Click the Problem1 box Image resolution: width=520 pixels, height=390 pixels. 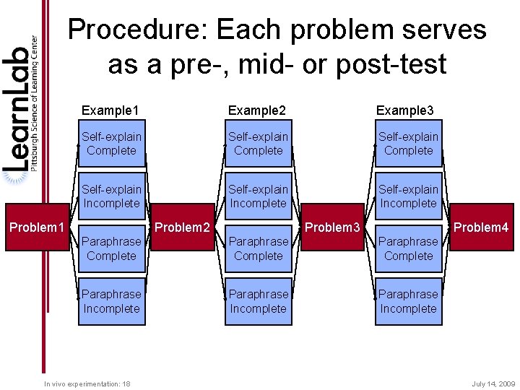click(36, 228)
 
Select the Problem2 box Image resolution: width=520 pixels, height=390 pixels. click(182, 228)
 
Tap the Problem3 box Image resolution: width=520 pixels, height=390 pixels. click(332, 228)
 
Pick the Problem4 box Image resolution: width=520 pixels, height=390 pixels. click(480, 228)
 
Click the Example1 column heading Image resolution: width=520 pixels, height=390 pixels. click(110, 110)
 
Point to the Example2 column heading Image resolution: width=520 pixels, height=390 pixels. click(257, 110)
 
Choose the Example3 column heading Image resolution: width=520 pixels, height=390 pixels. click(405, 110)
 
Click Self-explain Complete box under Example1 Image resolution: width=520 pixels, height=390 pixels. click(111, 144)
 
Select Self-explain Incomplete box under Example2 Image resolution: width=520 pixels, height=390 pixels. click(258, 196)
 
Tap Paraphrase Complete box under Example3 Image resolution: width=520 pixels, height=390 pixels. click(408, 248)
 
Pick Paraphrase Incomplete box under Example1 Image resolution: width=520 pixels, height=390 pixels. click(111, 301)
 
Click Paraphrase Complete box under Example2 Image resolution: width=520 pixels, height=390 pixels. click(258, 248)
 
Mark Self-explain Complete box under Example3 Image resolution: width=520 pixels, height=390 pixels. click(408, 144)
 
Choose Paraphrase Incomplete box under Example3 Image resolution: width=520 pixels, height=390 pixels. click(408, 301)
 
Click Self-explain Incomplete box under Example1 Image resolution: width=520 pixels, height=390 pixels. click(111, 196)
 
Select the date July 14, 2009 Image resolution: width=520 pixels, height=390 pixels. click(493, 383)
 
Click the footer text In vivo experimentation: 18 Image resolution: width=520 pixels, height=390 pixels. click(87, 383)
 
